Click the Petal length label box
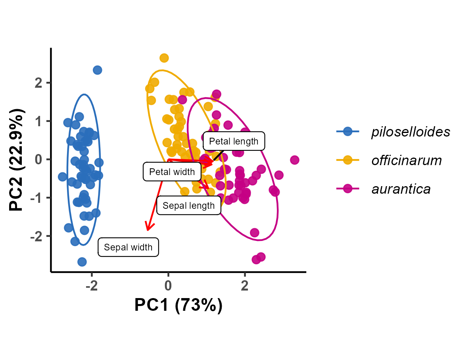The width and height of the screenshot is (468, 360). pos(234,141)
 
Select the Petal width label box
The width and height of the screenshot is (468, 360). pos(172,172)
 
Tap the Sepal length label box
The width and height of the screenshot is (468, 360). pos(188,206)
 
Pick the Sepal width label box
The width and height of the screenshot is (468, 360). pos(128,247)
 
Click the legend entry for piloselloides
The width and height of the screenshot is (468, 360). pos(410,132)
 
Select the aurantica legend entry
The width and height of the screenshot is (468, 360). pos(401,189)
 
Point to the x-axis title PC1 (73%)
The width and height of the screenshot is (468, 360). pos(178,305)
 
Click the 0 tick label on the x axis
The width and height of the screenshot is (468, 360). pos(168,286)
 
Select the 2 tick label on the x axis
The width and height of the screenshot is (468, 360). pos(245,286)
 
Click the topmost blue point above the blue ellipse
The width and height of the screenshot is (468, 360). pos(97,70)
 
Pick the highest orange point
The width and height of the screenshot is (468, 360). pos(164,58)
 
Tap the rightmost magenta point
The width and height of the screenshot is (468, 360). pos(294,160)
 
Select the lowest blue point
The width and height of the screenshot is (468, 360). pos(82,262)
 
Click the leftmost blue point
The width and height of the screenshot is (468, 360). pos(62,177)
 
